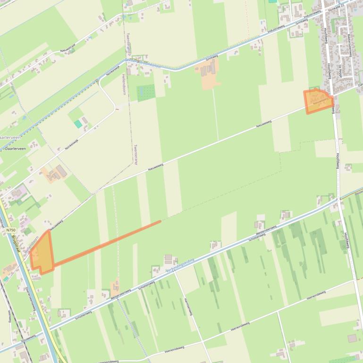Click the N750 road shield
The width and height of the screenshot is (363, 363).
(11, 230)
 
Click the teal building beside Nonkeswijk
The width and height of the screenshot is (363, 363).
(78, 124)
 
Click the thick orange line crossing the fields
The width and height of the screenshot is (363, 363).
(109, 243)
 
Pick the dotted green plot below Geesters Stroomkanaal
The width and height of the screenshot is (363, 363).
(146, 92)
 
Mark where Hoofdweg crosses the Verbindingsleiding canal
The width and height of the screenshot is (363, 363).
(338, 199)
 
